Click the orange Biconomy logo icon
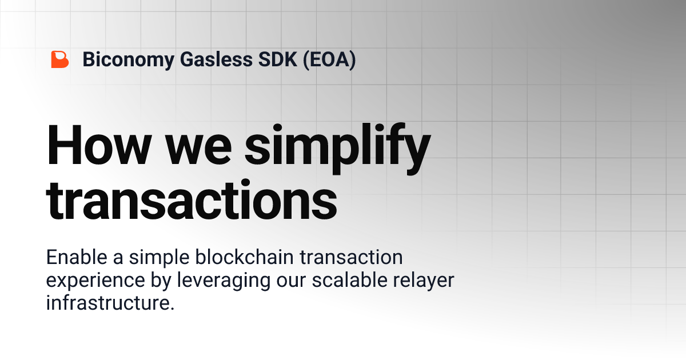point(59,59)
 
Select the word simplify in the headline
point(337,146)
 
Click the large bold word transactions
point(192,200)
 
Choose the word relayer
point(426,281)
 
